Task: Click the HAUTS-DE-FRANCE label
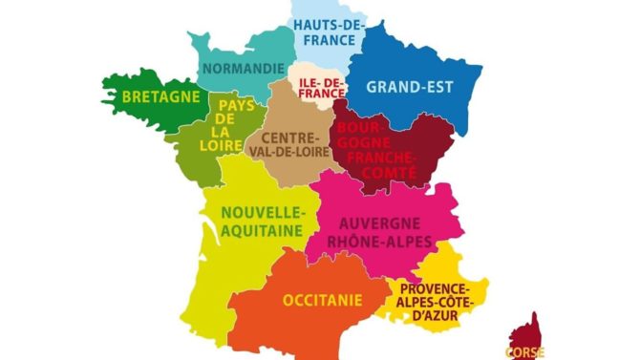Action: point(326,32)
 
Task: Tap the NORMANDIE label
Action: point(243,69)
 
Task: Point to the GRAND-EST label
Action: point(409,86)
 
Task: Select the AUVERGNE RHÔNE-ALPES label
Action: point(381,232)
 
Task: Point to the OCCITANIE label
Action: point(322,301)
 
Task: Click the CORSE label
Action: point(525,351)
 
